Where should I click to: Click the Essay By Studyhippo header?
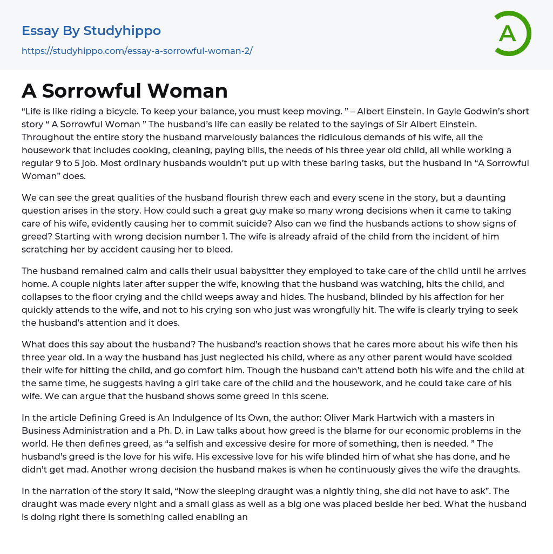91,31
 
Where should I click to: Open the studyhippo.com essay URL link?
137,51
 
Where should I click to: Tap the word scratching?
46,249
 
